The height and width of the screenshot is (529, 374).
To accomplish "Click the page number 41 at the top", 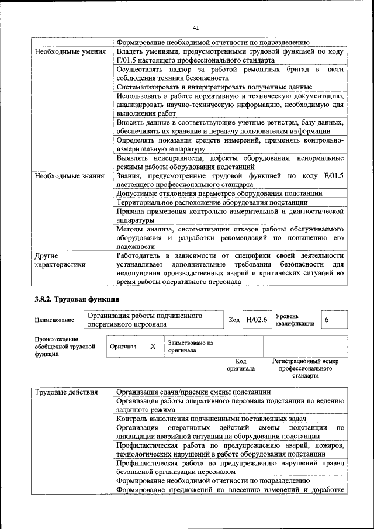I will (196, 27).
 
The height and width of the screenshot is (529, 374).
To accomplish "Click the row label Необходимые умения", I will (70, 51).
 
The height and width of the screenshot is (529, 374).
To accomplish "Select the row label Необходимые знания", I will (69, 175).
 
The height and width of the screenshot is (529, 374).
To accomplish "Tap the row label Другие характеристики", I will (60, 260).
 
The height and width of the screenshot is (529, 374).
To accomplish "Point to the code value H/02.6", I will (256, 320).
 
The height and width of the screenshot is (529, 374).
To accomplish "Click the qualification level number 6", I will (327, 320).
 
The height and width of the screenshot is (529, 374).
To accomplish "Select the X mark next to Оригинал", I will (153, 346).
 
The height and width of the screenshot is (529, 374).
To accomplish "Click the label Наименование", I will (54, 320).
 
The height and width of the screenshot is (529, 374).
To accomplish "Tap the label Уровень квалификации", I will (295, 320).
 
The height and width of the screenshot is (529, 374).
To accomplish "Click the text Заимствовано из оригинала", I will (191, 346).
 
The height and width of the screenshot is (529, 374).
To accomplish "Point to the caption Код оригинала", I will (241, 365).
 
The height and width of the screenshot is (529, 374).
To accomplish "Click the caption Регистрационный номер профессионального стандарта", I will (305, 368).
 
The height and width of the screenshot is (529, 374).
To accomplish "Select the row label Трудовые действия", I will (65, 392).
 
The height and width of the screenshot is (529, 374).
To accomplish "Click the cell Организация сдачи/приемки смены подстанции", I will (193, 392).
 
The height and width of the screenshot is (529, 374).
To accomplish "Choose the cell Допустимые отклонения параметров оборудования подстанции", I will (219, 193).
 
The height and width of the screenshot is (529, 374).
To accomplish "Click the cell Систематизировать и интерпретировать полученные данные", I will (214, 87).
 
